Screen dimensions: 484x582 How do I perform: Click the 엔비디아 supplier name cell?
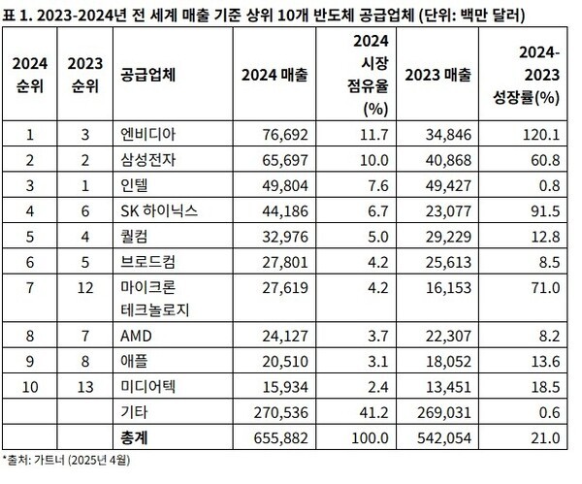145,132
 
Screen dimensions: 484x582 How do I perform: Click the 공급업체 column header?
147,73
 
